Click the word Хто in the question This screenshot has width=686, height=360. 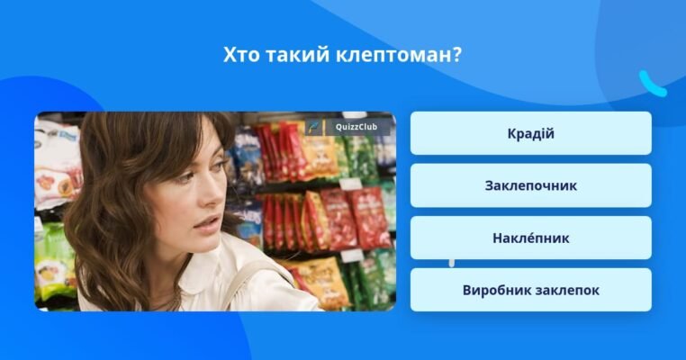[240, 55]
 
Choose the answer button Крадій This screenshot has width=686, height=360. [530, 134]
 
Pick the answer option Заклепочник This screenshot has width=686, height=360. [530, 186]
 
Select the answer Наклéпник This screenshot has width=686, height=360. [530, 238]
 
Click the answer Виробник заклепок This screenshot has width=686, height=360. [530, 291]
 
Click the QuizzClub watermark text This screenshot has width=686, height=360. [357, 127]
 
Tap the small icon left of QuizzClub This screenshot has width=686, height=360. [313, 127]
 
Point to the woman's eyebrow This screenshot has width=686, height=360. [185, 163]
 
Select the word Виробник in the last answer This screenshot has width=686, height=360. [494, 291]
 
